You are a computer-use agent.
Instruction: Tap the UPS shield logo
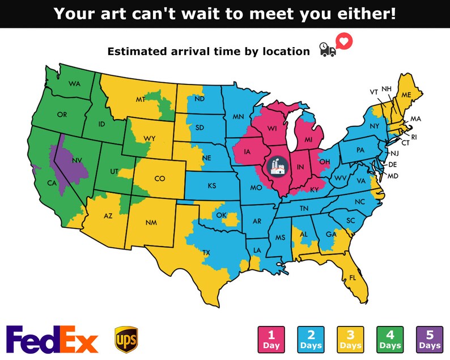pos(125,338)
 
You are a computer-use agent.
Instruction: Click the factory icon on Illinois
pos(277,166)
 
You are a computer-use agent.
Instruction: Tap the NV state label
pos(76,160)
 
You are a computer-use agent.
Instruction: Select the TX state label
pos(206,252)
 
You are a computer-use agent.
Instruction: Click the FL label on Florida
pos(353,277)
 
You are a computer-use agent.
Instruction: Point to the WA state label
pos(74,84)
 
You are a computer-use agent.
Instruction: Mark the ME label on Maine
pos(406,95)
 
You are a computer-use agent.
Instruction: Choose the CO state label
pos(160,179)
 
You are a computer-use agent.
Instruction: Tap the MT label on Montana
pos(141,99)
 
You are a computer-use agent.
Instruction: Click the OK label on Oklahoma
pos(221,215)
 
